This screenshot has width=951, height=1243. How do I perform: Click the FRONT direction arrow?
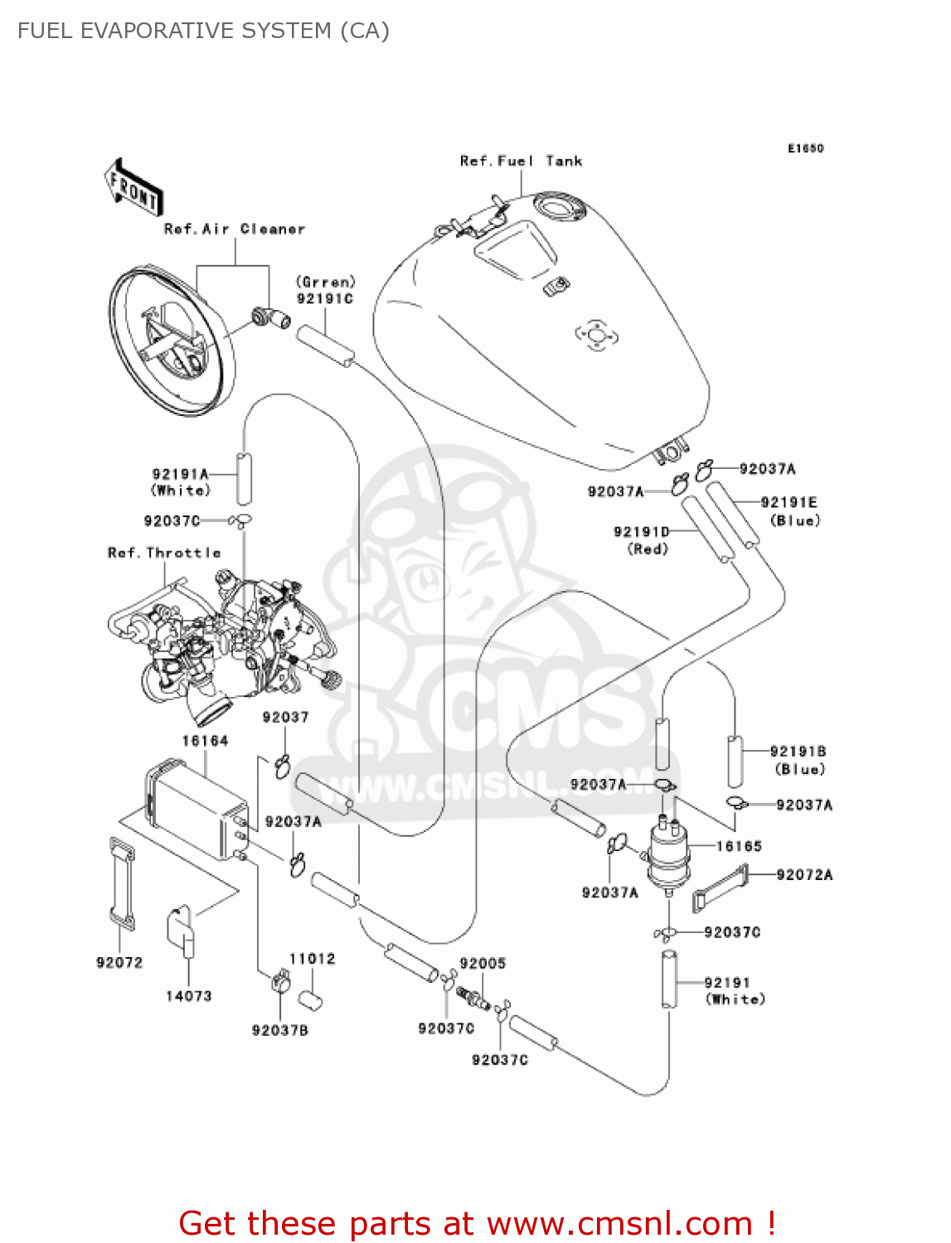coord(133,188)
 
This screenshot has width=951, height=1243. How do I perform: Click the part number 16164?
coord(205,741)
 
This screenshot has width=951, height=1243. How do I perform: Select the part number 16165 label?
coord(739,846)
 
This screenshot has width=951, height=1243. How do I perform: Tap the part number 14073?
coord(189,996)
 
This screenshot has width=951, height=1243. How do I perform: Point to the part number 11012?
coord(312,959)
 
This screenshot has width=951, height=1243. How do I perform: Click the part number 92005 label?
coord(483,963)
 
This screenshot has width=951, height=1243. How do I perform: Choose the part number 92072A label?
coord(804,874)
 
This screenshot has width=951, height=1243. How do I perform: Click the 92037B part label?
coord(280,1030)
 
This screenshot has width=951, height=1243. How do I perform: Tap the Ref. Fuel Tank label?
coord(521,161)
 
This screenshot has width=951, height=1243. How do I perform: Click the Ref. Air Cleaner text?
coord(235,229)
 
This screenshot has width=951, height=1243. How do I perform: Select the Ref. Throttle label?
coord(164,553)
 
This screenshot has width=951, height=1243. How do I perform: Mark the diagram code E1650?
coord(805,148)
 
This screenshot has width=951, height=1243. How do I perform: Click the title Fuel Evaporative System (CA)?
coord(203,31)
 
